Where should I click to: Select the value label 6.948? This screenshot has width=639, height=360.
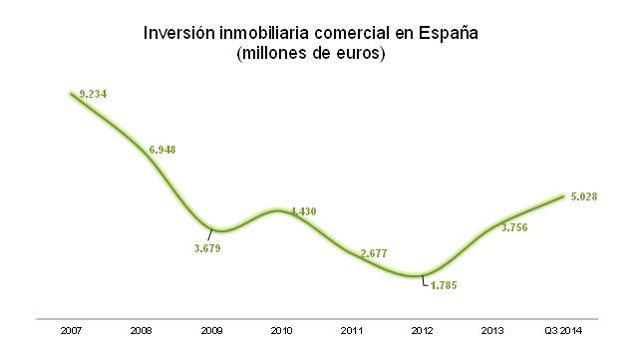[x=162, y=151]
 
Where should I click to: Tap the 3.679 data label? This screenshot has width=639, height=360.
[x=206, y=248]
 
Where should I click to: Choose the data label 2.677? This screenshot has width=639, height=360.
[x=374, y=254]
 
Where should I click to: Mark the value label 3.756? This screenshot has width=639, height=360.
[x=513, y=227]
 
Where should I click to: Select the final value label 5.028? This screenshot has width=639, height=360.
[x=583, y=196]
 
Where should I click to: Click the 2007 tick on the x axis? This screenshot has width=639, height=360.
[x=71, y=330]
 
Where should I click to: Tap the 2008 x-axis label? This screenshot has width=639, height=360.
[x=141, y=330]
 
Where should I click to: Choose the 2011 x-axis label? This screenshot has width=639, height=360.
[x=351, y=330]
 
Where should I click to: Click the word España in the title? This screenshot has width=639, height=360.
[x=448, y=33]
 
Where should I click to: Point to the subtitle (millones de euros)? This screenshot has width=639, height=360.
[x=311, y=54]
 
